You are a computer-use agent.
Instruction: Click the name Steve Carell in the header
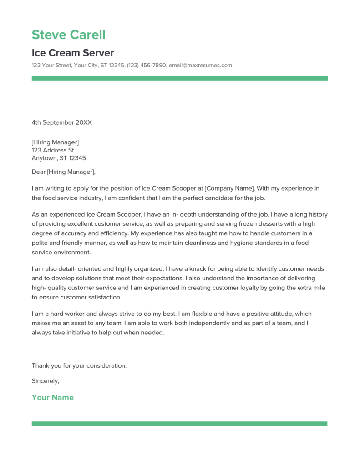(x=68, y=35)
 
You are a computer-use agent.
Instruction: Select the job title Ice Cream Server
(x=73, y=52)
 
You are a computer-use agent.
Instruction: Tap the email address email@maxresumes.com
(x=200, y=65)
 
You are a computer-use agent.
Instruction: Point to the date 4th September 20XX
(x=62, y=122)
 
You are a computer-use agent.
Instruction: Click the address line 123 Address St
(x=53, y=150)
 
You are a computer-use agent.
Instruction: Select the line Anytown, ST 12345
(x=59, y=158)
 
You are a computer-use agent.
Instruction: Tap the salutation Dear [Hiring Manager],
(x=64, y=172)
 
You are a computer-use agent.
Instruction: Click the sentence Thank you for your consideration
(x=79, y=365)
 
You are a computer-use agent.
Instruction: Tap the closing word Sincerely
(x=45, y=381)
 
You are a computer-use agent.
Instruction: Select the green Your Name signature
(x=52, y=397)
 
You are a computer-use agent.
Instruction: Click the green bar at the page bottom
(x=179, y=424)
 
